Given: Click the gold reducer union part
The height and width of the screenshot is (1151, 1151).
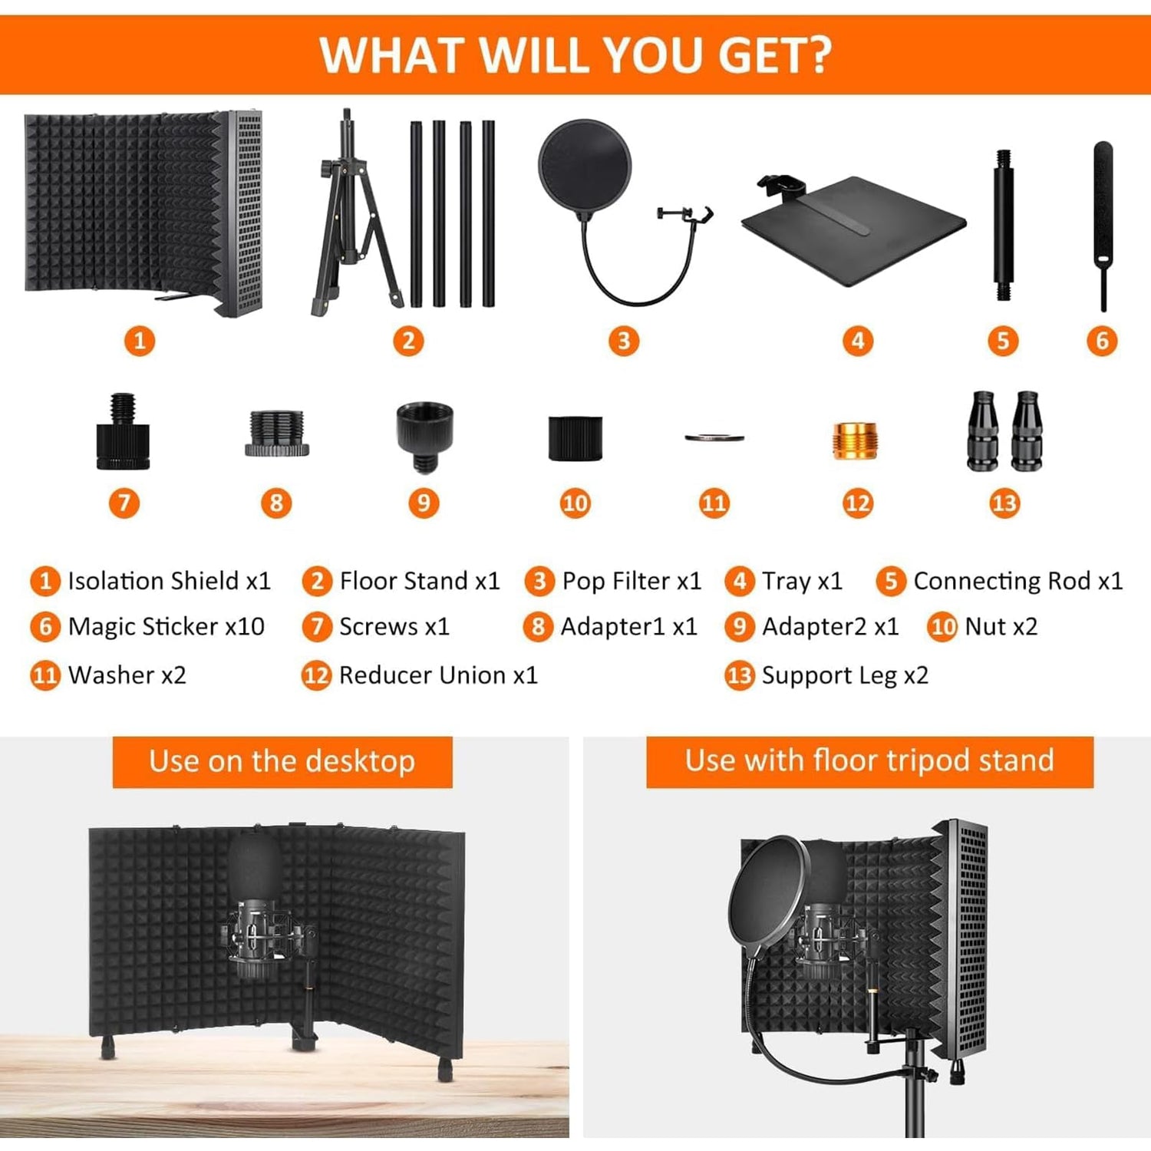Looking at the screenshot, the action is click(855, 440).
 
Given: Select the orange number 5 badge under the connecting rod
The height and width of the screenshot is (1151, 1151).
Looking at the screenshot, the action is click(1003, 341).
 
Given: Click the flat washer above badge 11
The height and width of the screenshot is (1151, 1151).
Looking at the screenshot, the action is click(714, 438).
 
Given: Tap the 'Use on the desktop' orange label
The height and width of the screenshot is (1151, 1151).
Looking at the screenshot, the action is click(282, 761).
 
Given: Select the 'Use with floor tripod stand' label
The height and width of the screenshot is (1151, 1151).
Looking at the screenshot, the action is click(869, 761).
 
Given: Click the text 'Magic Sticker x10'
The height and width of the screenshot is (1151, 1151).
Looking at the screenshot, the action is click(167, 627).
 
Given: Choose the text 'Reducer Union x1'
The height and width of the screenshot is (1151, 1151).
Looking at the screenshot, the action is click(438, 675).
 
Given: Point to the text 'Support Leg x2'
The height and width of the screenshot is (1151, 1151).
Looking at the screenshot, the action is click(845, 676).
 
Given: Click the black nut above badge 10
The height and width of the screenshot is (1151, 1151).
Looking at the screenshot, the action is click(575, 438).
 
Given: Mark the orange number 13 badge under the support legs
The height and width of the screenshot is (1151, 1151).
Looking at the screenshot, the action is click(1004, 503).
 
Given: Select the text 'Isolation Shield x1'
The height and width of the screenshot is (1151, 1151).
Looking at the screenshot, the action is click(170, 581).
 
